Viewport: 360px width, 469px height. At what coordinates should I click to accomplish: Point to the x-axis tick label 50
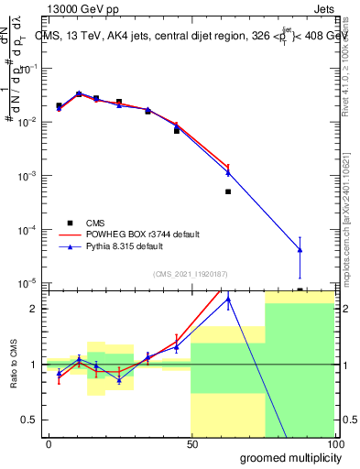click(x=191, y=444)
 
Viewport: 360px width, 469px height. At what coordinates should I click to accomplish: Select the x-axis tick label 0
click(x=49, y=444)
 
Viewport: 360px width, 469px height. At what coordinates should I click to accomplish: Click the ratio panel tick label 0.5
click(x=30, y=420)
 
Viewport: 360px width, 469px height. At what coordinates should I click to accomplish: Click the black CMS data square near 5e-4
click(x=228, y=191)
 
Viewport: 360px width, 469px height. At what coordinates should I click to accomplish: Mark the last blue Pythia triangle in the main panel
click(x=300, y=250)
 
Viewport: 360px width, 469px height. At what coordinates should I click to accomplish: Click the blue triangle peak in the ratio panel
click(x=228, y=299)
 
